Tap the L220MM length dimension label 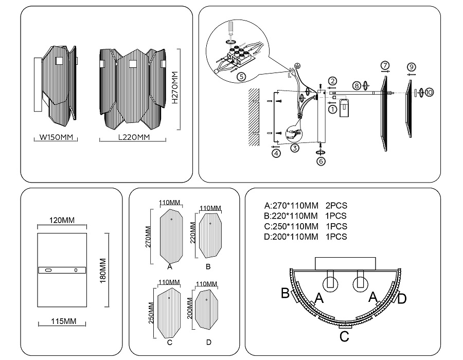pyautogui.click(x=134, y=137)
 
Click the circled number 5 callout pyautogui.click(x=242, y=77)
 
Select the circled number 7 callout pyautogui.click(x=385, y=66)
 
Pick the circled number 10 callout pyautogui.click(x=429, y=92)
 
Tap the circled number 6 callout pyautogui.click(x=321, y=161)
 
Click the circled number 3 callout pyautogui.click(x=295, y=149)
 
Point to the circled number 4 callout pyautogui.click(x=276, y=153)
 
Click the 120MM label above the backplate pyautogui.click(x=61, y=220)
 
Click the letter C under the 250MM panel pyautogui.click(x=169, y=343)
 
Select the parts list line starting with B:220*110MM pyautogui.click(x=305, y=215)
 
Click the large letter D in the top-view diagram pyautogui.click(x=402, y=298)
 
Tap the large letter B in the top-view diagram pyautogui.click(x=285, y=293)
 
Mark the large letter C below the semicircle pyautogui.click(x=344, y=337)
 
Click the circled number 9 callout pyautogui.click(x=411, y=67)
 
